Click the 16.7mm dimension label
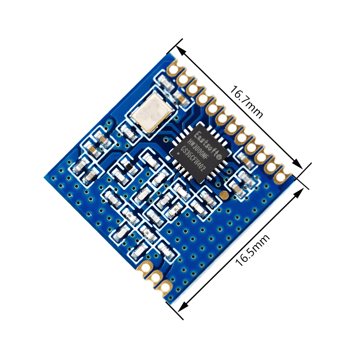click(246, 102)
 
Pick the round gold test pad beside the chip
click(224, 194)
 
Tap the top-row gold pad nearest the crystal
click(173, 70)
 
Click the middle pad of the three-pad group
click(156, 277)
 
